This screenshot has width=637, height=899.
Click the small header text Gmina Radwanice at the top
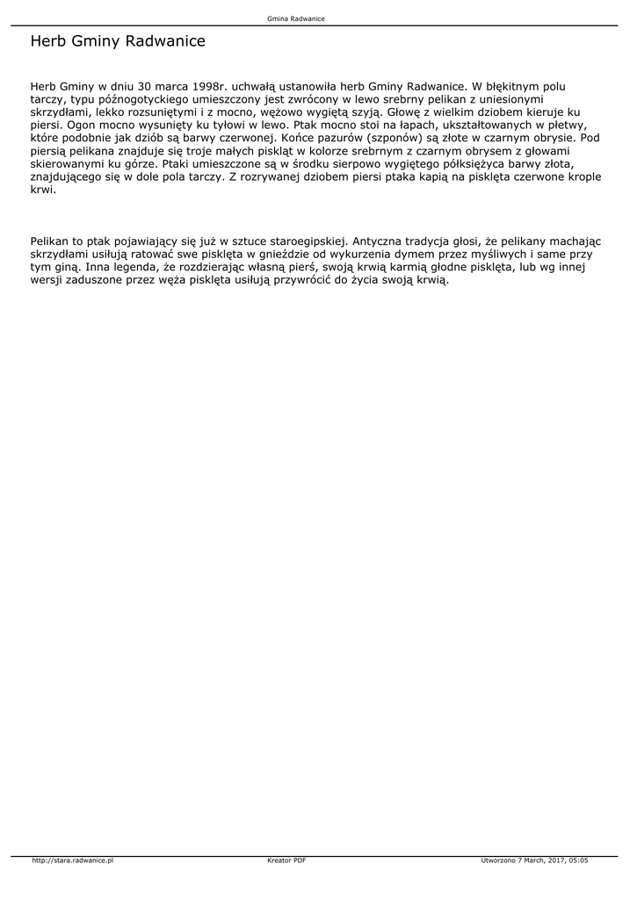coord(296,18)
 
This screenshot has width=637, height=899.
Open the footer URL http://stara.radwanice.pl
coord(73,860)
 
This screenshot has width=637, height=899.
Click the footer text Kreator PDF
coord(286,860)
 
